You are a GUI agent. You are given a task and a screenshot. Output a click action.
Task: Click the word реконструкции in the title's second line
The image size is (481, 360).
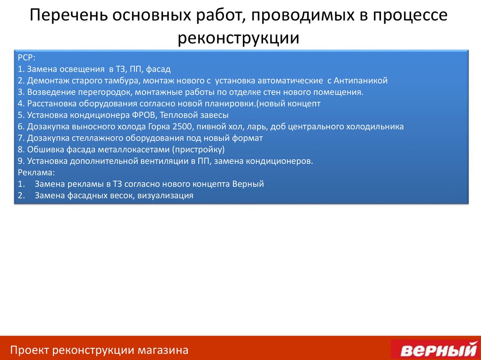(238, 38)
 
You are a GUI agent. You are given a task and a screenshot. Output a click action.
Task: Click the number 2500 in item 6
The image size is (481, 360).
(183, 126)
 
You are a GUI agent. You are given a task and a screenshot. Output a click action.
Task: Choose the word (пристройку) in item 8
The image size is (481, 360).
(198, 150)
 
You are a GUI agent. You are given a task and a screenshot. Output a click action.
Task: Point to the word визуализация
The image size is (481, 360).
(166, 196)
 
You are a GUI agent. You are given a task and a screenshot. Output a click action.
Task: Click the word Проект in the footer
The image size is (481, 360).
(30, 350)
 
